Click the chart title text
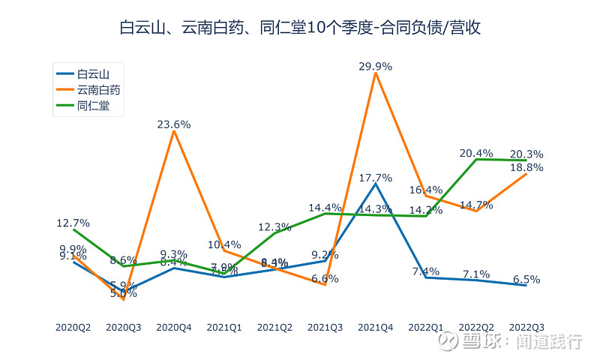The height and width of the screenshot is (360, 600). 300,28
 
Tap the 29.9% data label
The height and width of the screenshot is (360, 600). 376,66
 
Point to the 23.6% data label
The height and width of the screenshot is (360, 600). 174,124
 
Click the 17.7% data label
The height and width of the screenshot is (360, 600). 376,178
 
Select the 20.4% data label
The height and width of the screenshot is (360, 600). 476,153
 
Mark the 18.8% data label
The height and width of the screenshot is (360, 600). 526,167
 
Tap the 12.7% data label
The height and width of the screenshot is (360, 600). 73,223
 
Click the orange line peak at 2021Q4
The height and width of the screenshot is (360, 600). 376,73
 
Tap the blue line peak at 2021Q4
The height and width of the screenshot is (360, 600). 376,184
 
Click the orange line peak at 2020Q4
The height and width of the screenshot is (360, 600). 174,131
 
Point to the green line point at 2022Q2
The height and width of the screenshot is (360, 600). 476,159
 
